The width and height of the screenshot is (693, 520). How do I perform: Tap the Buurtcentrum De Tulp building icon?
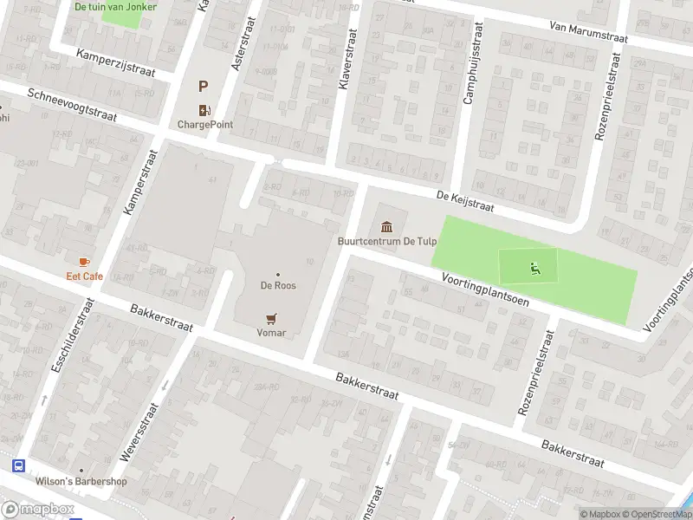(386, 227)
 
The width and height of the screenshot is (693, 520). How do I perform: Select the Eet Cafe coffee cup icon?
(84, 262)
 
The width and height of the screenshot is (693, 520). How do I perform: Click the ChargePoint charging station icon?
(205, 109)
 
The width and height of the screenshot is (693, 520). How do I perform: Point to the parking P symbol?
(204, 86)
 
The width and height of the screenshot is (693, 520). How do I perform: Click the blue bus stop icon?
(19, 465)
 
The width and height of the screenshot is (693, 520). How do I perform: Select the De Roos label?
(278, 284)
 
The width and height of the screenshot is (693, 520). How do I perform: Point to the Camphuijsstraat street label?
(472, 62)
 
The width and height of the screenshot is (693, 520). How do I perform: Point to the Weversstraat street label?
(141, 426)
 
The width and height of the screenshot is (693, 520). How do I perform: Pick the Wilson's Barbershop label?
(81, 482)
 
